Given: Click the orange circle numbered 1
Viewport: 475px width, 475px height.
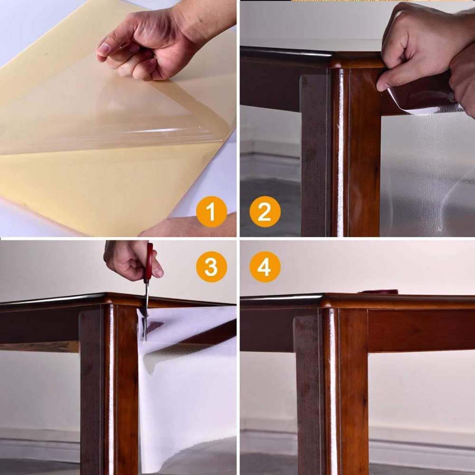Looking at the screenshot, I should click(211, 211).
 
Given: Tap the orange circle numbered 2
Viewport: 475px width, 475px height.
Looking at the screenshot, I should click(265, 211).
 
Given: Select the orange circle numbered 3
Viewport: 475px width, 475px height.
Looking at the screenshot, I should click(211, 267).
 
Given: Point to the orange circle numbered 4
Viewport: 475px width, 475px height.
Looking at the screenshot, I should click(265, 267).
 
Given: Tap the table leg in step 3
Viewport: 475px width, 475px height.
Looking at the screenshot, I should click(109, 389).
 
